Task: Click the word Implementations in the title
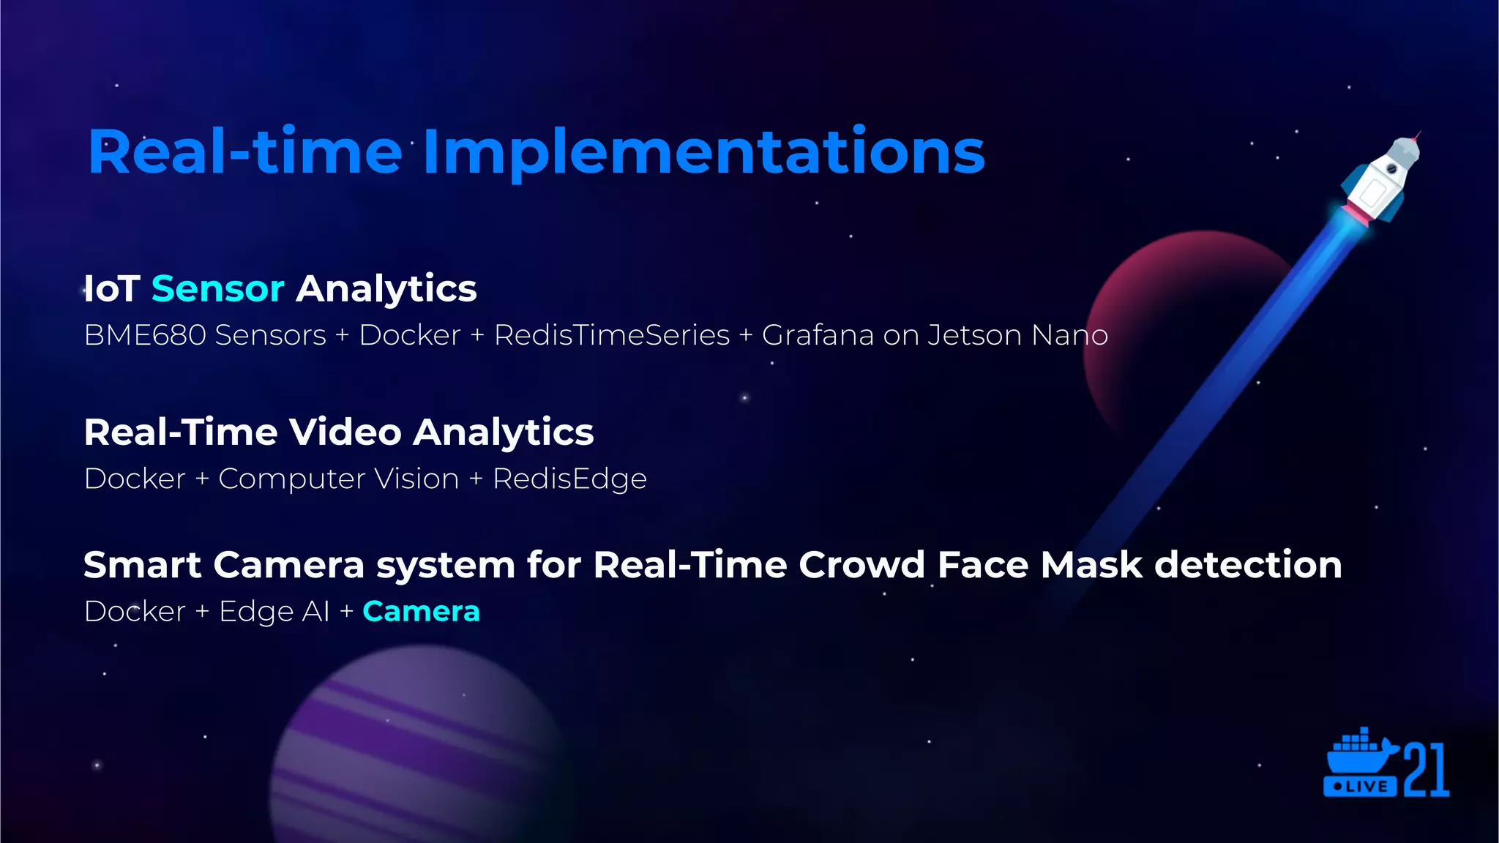703,152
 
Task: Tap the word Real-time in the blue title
245,152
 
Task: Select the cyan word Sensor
217,288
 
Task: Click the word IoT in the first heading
112,288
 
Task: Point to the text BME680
145,335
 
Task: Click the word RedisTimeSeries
612,335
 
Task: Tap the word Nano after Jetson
1069,335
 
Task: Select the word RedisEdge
569,479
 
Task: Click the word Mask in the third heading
1091,565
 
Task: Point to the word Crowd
861,565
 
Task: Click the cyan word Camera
421,612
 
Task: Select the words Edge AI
274,612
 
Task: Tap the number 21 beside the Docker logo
1427,771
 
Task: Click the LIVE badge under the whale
1359,787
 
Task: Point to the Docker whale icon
1358,754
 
